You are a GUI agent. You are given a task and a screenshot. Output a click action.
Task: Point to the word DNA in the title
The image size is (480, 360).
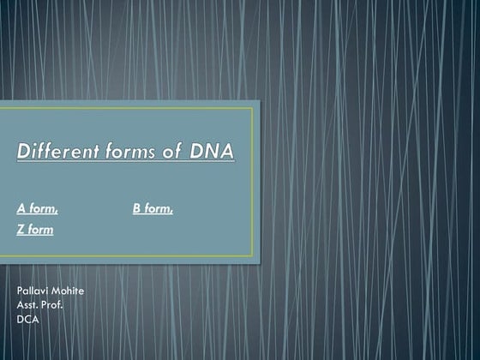(211, 152)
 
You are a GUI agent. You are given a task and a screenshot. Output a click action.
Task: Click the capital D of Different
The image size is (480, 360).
(24, 152)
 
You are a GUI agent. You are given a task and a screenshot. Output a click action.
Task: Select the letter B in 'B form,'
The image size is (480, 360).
(137, 208)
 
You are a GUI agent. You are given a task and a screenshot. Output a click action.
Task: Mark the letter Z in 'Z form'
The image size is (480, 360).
(21, 230)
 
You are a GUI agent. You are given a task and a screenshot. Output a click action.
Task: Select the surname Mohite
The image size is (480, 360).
(68, 291)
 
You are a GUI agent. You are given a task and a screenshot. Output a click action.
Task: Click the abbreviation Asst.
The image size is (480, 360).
(27, 305)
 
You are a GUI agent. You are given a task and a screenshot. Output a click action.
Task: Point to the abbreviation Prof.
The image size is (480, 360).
(52, 305)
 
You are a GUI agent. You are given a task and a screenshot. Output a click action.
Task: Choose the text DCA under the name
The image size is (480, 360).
(28, 319)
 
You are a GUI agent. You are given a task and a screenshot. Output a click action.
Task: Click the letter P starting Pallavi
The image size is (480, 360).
(20, 291)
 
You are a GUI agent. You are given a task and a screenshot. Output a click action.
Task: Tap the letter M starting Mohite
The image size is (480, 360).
(56, 291)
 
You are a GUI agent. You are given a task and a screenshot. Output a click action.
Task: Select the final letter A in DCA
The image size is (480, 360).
(36, 319)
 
